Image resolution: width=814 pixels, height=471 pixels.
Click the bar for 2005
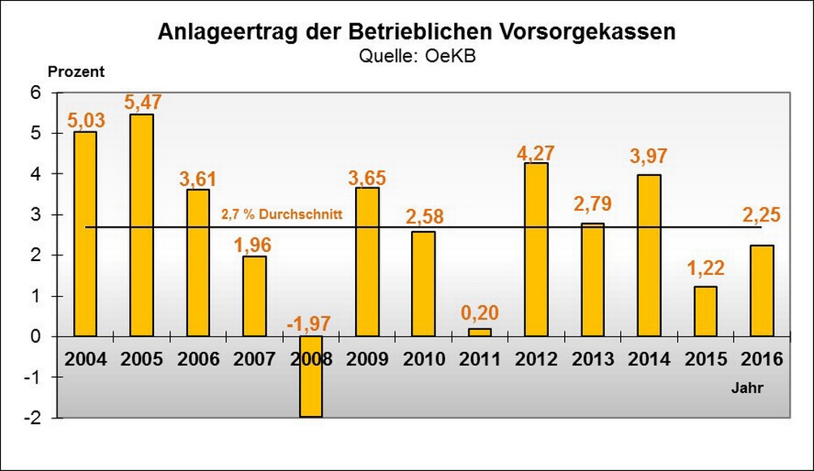pyautogui.click(x=142, y=225)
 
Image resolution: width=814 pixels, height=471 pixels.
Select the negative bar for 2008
pyautogui.click(x=311, y=377)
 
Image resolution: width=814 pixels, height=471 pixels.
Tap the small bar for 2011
pyautogui.click(x=479, y=332)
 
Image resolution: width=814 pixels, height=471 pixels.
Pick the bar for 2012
pyautogui.click(x=536, y=250)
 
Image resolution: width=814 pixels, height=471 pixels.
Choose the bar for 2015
pyautogui.click(x=705, y=311)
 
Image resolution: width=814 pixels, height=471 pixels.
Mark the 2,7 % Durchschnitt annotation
pyautogui.click(x=282, y=216)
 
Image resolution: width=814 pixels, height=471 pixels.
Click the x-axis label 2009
pyautogui.click(x=367, y=360)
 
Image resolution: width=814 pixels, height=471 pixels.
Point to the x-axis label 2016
pyautogui.click(x=761, y=360)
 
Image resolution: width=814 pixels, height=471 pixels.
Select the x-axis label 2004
pyautogui.click(x=85, y=360)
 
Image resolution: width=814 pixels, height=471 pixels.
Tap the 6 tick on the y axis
pyautogui.click(x=36, y=93)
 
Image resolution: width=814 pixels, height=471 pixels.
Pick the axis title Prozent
pyautogui.click(x=77, y=71)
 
